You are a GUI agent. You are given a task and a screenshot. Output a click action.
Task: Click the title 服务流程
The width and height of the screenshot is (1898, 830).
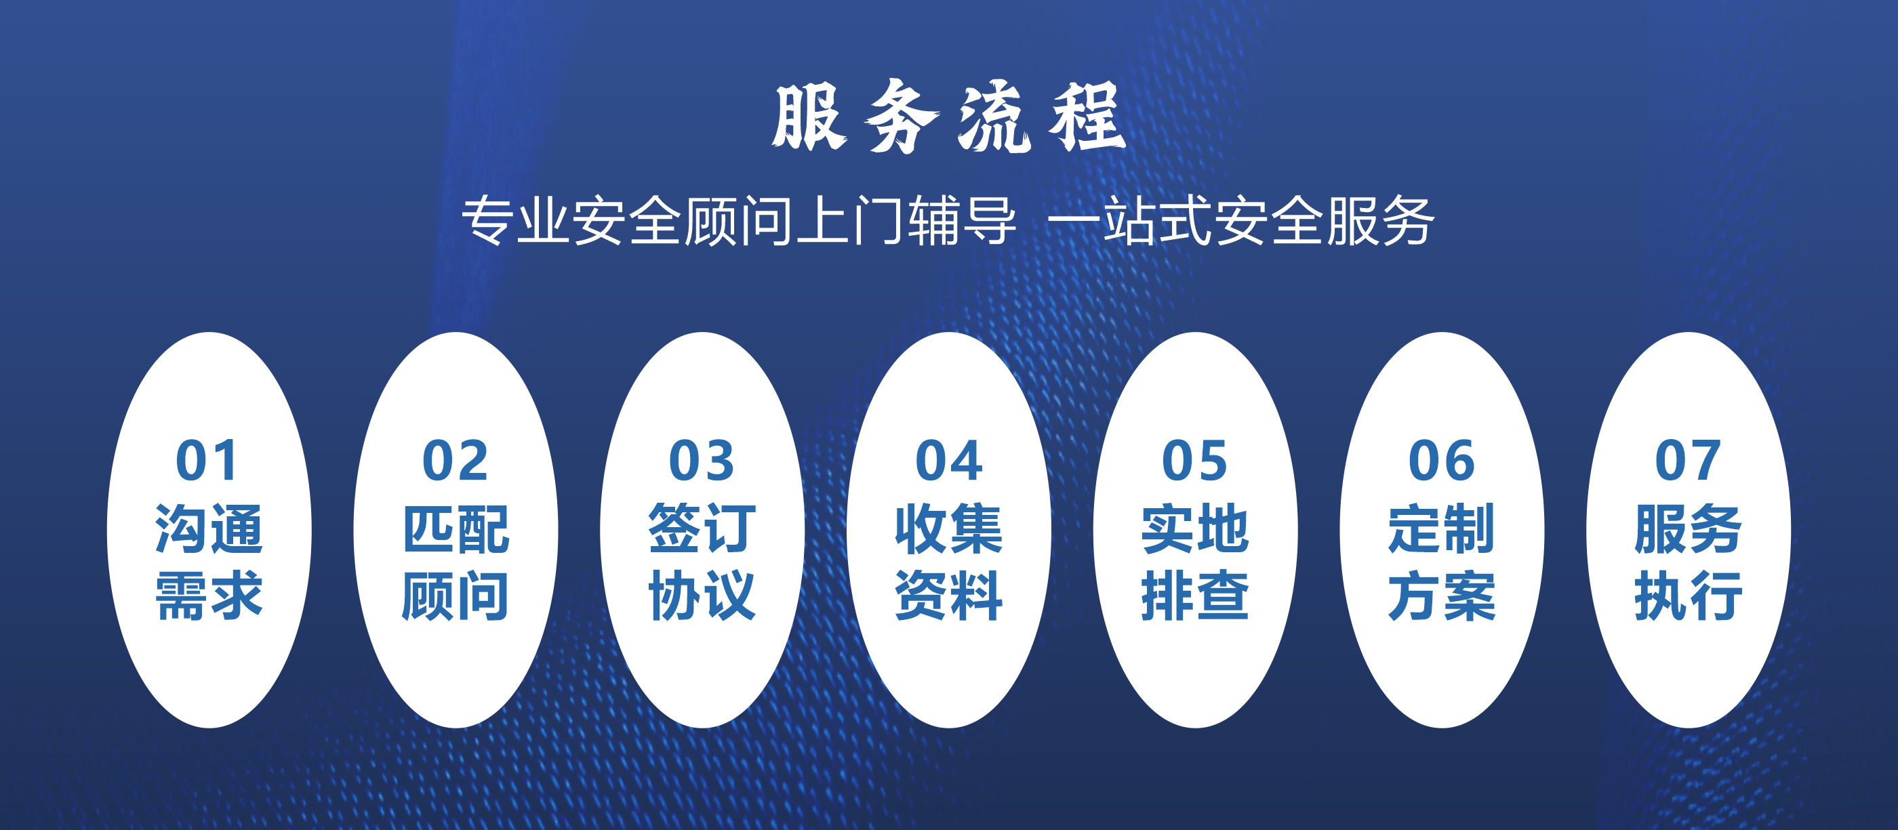click(x=948, y=117)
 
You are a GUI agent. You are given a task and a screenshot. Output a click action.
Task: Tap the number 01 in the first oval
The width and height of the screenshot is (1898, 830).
click(x=207, y=461)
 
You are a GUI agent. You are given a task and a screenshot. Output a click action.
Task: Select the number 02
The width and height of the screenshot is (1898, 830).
click(x=455, y=461)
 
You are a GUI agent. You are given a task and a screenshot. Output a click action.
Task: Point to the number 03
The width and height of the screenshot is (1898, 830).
click(x=702, y=461)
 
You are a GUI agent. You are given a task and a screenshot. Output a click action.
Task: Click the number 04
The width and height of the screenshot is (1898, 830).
click(x=948, y=461)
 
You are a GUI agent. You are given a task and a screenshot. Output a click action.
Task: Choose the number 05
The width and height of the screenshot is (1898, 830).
click(x=1194, y=461)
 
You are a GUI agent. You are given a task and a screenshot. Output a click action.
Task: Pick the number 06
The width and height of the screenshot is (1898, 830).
click(x=1441, y=461)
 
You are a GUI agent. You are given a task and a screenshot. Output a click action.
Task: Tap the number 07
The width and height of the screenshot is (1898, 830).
click(x=1687, y=461)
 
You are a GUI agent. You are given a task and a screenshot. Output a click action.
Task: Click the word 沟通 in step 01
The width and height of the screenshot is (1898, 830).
click(x=209, y=528)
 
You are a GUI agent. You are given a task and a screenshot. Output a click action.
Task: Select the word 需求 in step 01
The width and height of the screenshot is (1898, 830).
click(x=209, y=595)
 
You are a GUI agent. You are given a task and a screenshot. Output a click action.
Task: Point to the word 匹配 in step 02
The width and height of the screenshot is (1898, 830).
click(x=456, y=528)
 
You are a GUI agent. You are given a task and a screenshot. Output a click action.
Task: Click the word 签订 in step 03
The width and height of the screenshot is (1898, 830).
click(x=702, y=528)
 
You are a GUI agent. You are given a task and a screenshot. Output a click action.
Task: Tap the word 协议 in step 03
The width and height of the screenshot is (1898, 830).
click(x=702, y=595)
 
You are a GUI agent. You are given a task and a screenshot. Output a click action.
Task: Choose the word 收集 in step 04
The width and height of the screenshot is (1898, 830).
click(x=949, y=528)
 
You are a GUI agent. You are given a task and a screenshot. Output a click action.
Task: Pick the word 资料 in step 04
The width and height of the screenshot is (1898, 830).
click(x=949, y=595)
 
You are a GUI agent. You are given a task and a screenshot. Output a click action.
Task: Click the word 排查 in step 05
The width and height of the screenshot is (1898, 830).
click(x=1195, y=595)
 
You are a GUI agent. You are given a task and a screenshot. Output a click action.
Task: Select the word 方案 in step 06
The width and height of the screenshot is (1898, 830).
click(x=1442, y=595)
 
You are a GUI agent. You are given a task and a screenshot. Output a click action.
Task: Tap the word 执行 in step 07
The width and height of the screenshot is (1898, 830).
click(x=1688, y=595)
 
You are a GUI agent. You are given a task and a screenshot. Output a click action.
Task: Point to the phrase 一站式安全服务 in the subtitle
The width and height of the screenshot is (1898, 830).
click(x=1240, y=221)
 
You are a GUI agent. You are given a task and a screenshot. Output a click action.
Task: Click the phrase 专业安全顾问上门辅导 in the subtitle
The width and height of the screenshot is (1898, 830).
click(x=739, y=221)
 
